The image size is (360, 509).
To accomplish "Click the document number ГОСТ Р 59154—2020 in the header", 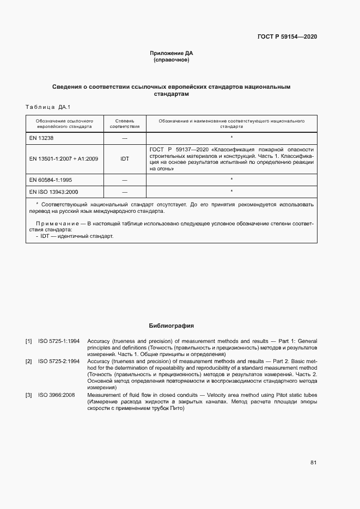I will pyautogui.click(x=287, y=36).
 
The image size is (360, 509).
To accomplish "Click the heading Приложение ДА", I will pyautogui.click(x=172, y=53).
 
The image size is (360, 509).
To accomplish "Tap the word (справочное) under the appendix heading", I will pyautogui.click(x=172, y=60).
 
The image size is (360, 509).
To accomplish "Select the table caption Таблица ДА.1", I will pyautogui.click(x=48, y=107).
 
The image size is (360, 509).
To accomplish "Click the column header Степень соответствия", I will pyautogui.click(x=125, y=123).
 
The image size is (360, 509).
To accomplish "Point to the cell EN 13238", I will pyautogui.click(x=41, y=138).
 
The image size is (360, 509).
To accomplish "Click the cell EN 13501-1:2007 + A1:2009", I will pyautogui.click(x=64, y=159).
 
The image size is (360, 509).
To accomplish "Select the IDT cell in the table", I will pyautogui.click(x=125, y=159).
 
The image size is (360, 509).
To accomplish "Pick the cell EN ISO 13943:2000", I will pyautogui.click(x=54, y=192).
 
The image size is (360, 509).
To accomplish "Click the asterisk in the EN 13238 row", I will pyautogui.click(x=231, y=138).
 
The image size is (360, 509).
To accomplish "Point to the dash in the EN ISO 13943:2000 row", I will pyautogui.click(x=125, y=192).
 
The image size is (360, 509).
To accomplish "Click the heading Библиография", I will pyautogui.click(x=172, y=326).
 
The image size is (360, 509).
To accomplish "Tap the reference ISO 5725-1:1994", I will pyautogui.click(x=59, y=341).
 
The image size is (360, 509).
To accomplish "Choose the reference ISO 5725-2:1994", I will pyautogui.click(x=59, y=361).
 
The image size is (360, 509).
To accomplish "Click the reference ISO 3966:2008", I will pyautogui.click(x=57, y=394).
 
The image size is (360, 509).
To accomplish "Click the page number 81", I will pyautogui.click(x=313, y=463).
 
